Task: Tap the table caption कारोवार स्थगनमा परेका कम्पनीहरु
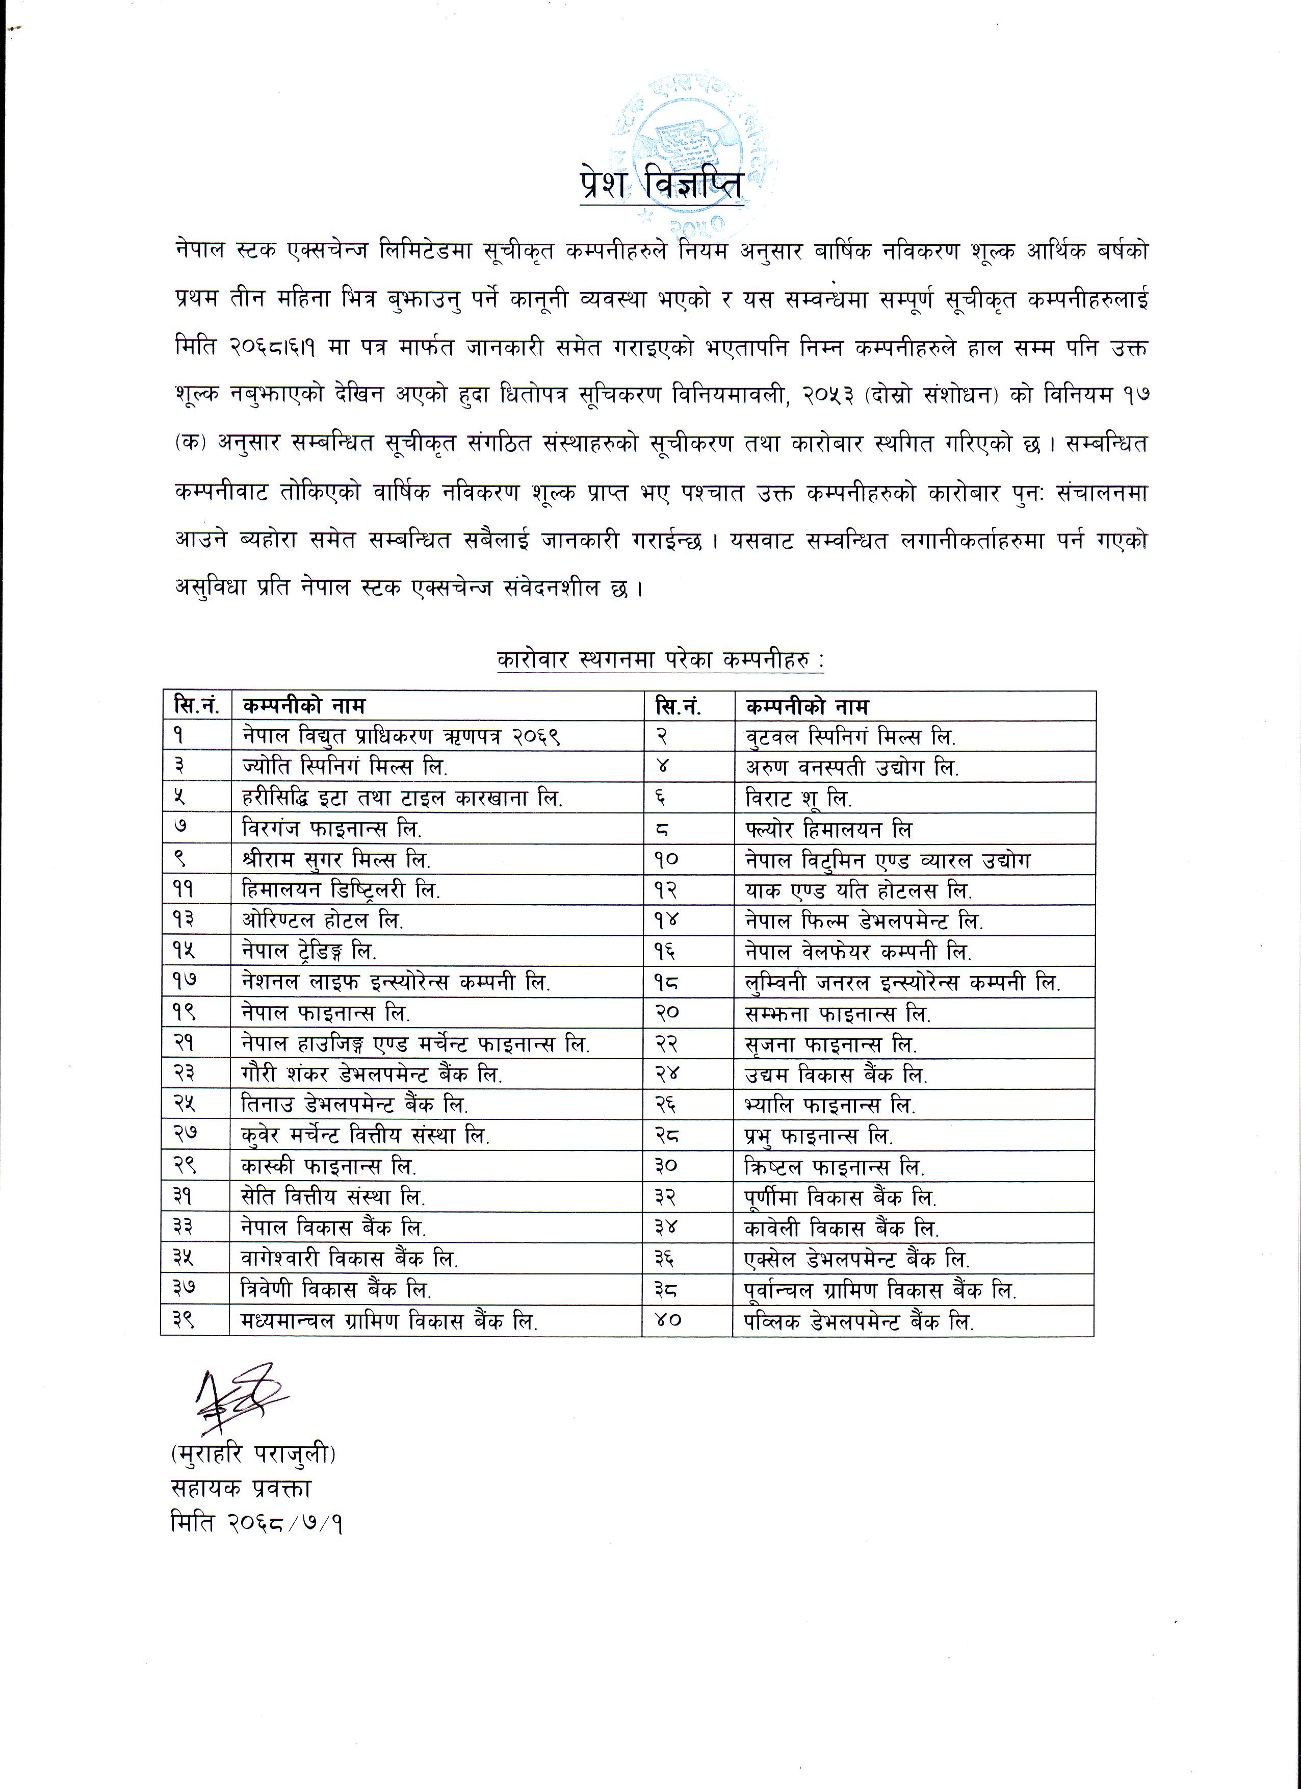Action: [x=660, y=659]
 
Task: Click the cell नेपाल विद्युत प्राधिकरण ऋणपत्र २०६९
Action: [x=401, y=736]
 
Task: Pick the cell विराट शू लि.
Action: [x=799, y=798]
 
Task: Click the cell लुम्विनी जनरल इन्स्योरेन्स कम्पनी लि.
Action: [x=903, y=982]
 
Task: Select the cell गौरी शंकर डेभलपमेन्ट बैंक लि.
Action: [x=372, y=1075]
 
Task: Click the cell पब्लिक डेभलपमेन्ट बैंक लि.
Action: [x=860, y=1321]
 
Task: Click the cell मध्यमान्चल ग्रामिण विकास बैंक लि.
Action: [x=389, y=1321]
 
